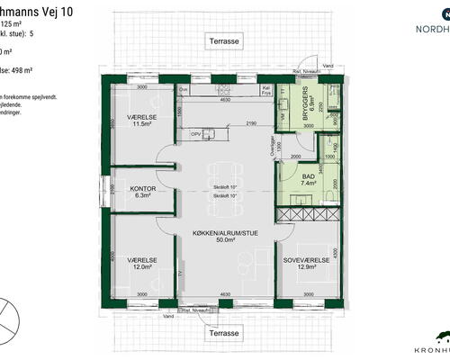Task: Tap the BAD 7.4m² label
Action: (x=309, y=177)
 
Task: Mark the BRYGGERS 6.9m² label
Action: (x=309, y=114)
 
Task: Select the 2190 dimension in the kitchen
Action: (x=253, y=122)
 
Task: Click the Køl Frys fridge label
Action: (x=267, y=90)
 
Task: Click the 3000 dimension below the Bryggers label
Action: (x=308, y=127)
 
